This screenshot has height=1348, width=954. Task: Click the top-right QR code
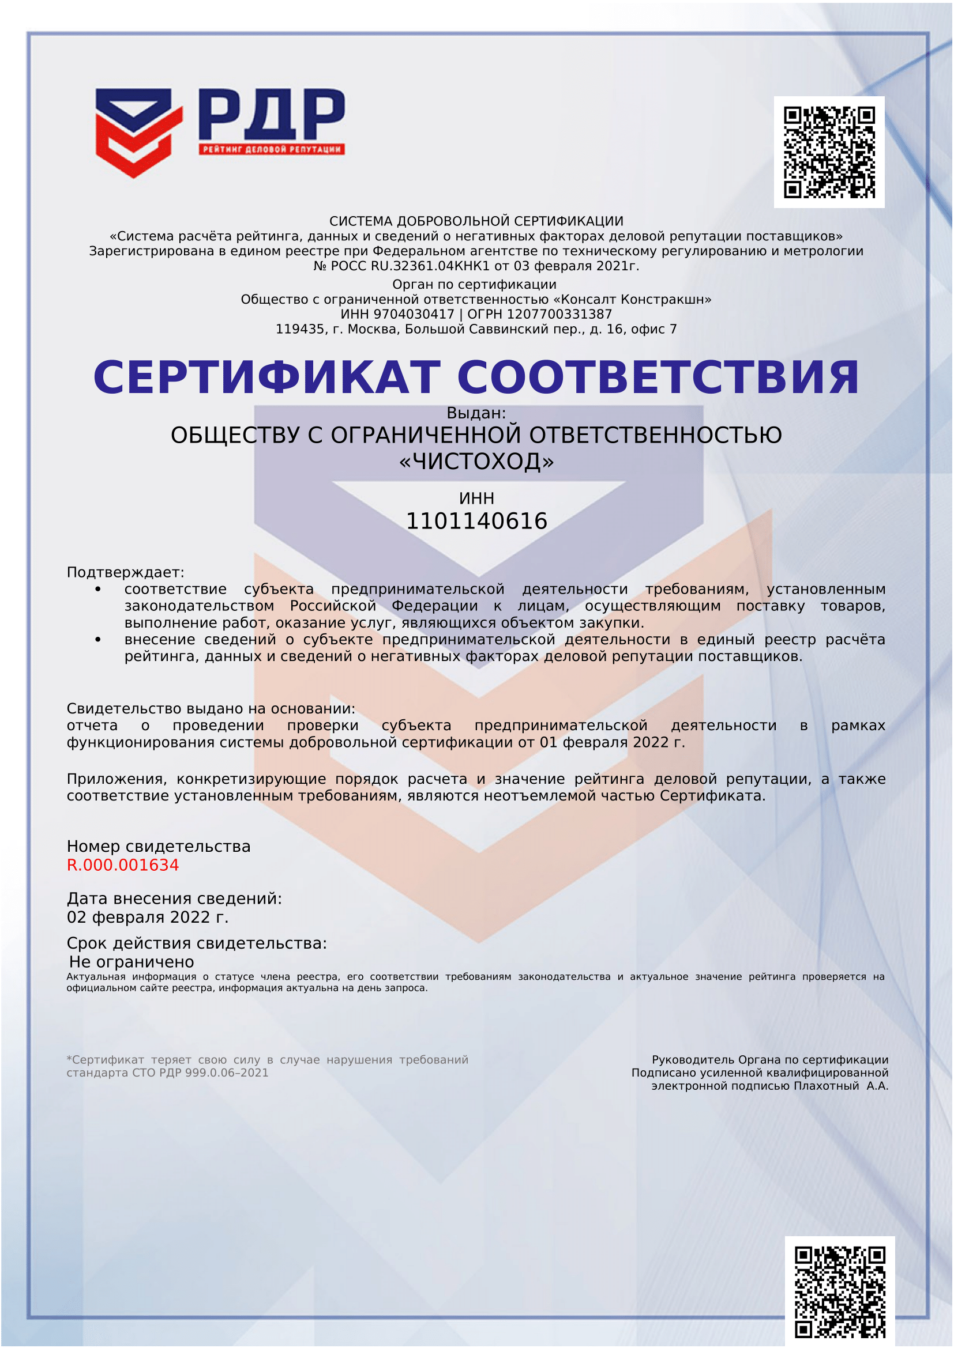829,152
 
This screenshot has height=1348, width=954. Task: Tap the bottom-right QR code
839,1291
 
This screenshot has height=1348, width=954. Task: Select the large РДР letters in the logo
272,114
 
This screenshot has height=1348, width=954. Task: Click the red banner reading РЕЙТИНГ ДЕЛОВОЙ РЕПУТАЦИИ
272,149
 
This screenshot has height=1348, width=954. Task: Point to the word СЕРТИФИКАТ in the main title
266,377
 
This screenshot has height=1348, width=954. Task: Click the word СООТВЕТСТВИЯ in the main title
658,377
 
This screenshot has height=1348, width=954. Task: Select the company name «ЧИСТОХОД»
476,462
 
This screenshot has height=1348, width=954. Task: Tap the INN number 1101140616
476,522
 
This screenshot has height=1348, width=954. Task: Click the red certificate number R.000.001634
123,865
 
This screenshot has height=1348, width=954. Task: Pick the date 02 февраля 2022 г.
148,917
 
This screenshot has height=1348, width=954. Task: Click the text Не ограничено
132,962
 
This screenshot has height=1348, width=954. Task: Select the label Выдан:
476,413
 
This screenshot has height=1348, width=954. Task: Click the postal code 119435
299,330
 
